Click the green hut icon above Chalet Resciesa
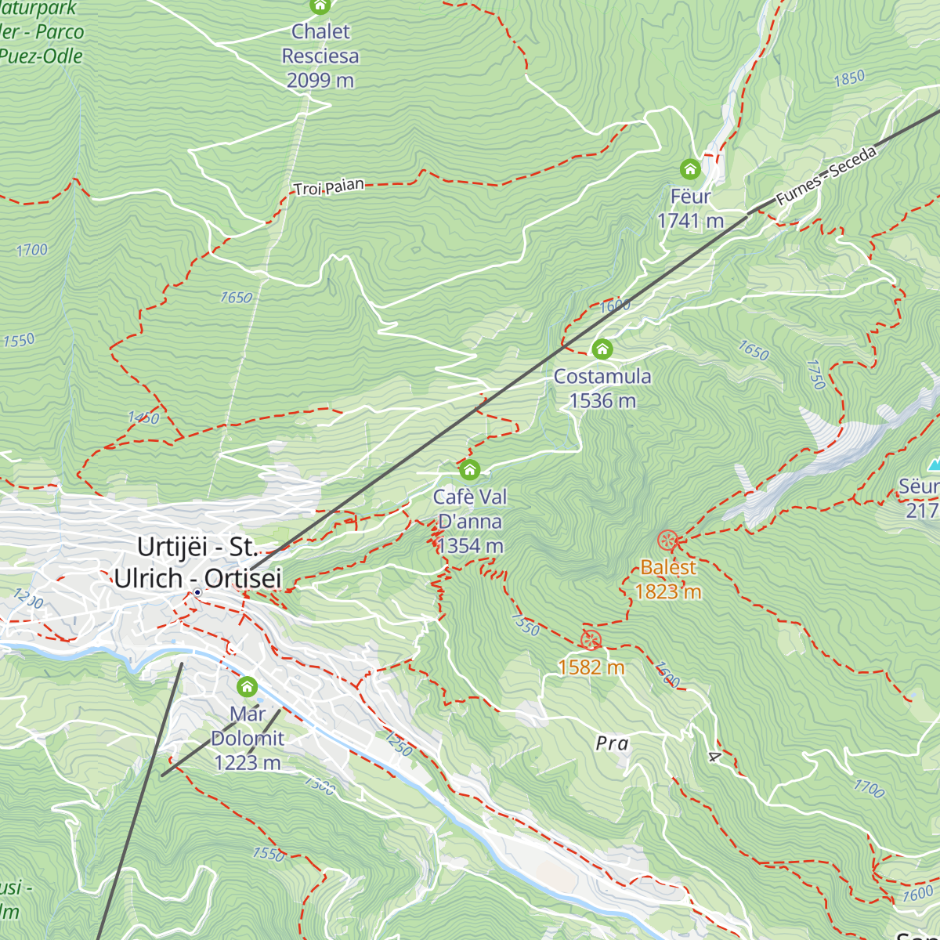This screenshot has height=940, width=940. (x=320, y=6)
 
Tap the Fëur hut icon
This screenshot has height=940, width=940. (x=689, y=169)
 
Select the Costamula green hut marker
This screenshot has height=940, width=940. (x=602, y=349)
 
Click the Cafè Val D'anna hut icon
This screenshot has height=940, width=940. (x=469, y=470)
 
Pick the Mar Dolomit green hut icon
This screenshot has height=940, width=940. (x=247, y=688)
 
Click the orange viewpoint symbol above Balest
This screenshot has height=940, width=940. (x=667, y=540)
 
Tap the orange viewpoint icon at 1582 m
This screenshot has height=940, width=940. (x=591, y=639)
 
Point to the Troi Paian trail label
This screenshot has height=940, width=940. (x=329, y=187)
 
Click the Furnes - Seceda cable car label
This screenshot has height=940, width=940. (x=826, y=175)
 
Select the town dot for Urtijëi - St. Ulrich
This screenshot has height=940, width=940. (x=197, y=593)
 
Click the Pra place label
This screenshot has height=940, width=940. (x=612, y=743)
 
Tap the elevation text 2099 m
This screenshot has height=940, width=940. (x=320, y=80)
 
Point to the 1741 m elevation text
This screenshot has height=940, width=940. (x=690, y=221)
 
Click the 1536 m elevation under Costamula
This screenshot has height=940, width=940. (x=602, y=401)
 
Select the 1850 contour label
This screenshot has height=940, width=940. (x=849, y=78)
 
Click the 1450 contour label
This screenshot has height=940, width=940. (x=143, y=418)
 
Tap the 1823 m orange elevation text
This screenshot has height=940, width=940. (x=667, y=591)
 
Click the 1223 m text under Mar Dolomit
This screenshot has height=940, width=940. (x=247, y=762)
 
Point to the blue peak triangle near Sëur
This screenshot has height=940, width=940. (x=934, y=465)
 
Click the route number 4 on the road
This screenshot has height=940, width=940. (x=713, y=757)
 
